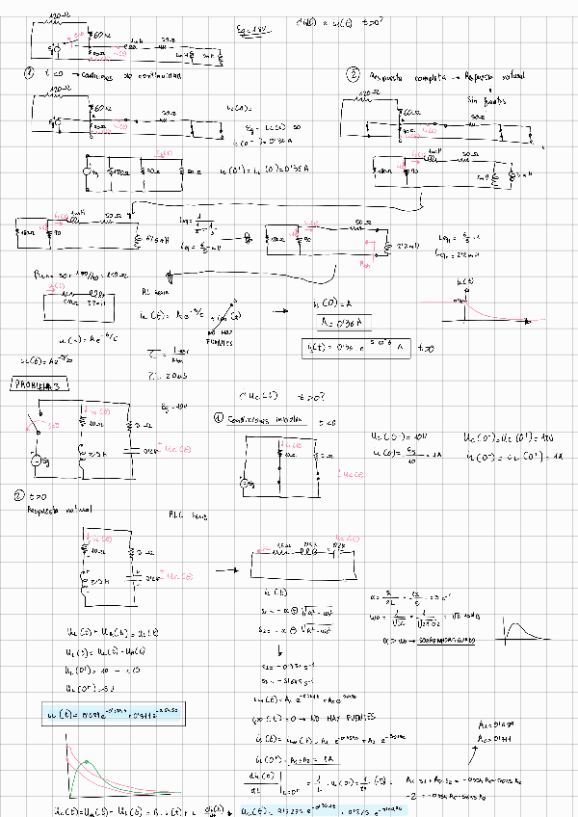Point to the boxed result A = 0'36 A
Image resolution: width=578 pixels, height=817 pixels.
338,323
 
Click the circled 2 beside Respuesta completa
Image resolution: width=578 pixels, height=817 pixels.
354,75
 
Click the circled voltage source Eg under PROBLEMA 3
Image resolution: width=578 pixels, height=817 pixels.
37,461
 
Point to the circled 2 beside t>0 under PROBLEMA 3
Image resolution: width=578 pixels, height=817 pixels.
19,497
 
